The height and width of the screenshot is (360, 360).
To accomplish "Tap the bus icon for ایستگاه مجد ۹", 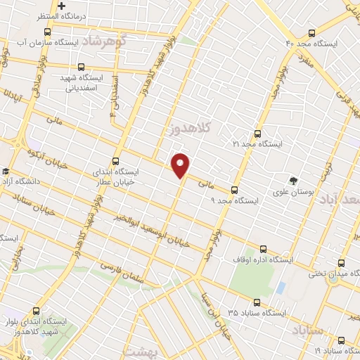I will click(x=235, y=189).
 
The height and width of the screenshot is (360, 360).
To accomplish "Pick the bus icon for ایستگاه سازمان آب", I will click(x=47, y=32).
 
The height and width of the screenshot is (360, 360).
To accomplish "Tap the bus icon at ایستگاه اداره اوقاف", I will click(x=264, y=249).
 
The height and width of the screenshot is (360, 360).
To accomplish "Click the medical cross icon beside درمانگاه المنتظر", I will click(x=63, y=6).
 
